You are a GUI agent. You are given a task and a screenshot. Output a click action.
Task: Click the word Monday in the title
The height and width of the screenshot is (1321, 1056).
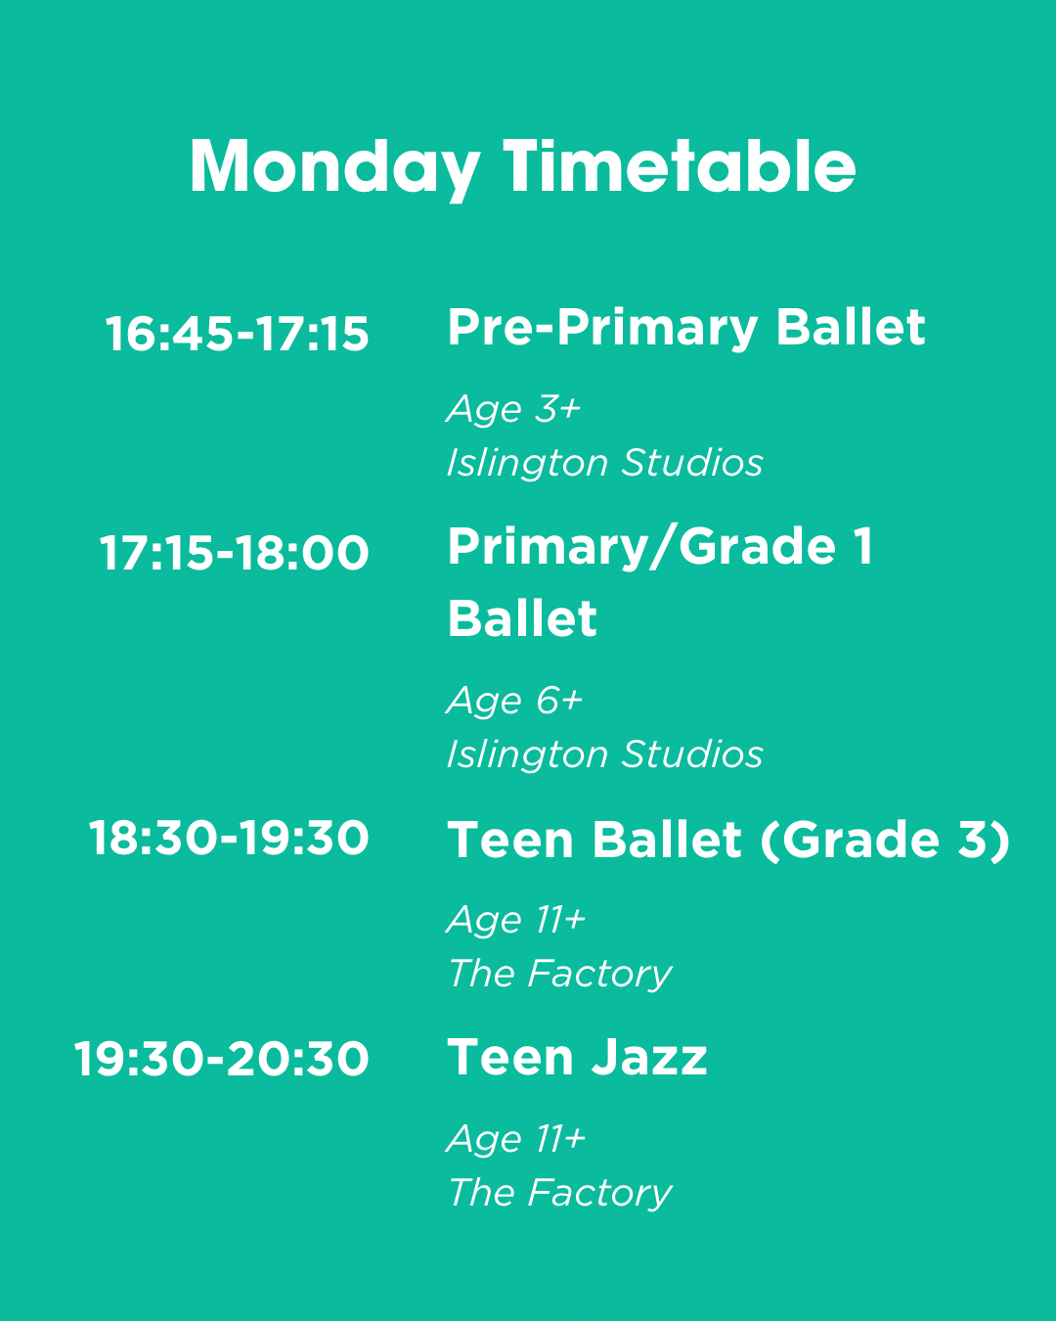[x=335, y=167]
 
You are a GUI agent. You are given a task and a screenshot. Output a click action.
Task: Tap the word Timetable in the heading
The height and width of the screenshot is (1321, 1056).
[x=680, y=164]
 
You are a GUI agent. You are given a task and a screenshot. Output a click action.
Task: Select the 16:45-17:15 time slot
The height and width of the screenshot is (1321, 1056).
[x=237, y=334]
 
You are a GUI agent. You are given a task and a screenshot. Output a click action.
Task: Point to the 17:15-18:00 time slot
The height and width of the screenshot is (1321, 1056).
[x=235, y=553]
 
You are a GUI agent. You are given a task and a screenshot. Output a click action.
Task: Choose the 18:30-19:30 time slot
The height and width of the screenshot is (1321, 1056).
[x=229, y=838]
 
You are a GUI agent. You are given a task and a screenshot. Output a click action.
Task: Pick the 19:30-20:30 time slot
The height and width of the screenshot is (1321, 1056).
[x=222, y=1058]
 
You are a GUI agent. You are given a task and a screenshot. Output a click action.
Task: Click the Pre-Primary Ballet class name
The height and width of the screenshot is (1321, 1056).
[x=686, y=329]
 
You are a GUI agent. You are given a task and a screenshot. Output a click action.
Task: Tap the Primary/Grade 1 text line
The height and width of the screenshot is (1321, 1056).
[x=660, y=547]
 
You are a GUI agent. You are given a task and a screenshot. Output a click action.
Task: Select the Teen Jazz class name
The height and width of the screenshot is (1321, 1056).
[x=578, y=1057]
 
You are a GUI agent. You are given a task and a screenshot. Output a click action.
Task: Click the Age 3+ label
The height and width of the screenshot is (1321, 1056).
[x=513, y=410]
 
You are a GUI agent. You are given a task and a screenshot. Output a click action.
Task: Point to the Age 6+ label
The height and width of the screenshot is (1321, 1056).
[x=514, y=702]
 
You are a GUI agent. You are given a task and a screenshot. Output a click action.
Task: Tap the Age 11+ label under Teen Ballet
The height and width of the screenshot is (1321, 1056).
[x=516, y=921]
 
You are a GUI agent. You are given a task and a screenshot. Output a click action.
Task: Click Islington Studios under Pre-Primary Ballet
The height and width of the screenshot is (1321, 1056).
[x=605, y=462]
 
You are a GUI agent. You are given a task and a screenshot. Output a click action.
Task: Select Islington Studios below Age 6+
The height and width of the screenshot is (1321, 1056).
[x=605, y=753]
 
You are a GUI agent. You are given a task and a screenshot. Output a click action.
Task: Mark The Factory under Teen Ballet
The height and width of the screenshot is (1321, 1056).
[x=560, y=975]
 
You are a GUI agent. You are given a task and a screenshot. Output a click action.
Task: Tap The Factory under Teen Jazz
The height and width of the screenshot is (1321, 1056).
[x=560, y=1194]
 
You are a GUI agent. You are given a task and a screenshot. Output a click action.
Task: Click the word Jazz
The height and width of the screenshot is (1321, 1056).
[x=649, y=1057]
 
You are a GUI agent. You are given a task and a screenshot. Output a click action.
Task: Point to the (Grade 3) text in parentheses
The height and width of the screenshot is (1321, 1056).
[x=885, y=840]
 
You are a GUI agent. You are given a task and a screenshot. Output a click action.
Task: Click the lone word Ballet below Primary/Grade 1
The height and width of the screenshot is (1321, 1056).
[x=522, y=618]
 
